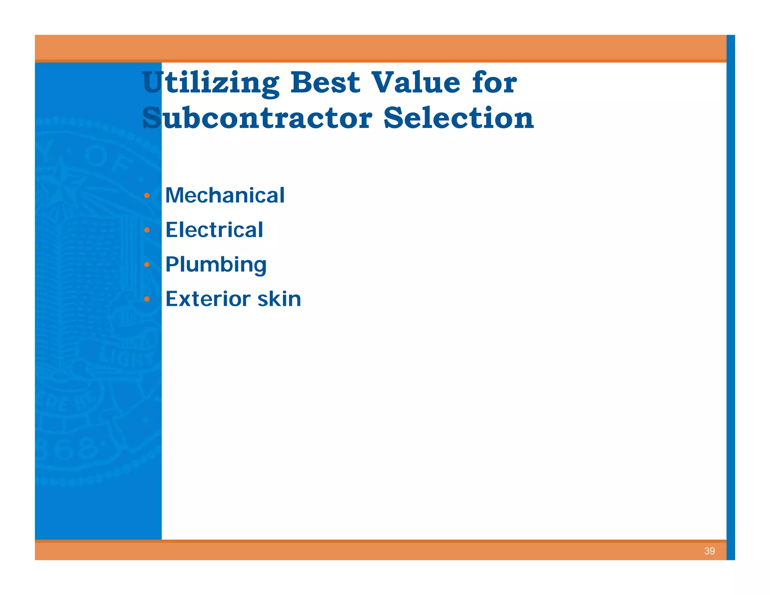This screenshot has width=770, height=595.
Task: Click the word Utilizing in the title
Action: (x=211, y=83)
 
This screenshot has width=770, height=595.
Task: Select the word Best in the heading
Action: (x=325, y=82)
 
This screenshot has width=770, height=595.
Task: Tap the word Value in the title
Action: (x=415, y=82)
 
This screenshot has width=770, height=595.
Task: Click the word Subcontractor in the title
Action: (x=257, y=118)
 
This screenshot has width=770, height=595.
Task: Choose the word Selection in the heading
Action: (x=458, y=118)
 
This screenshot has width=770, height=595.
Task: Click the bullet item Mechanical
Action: (x=225, y=195)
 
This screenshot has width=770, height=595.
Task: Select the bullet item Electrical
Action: (x=214, y=230)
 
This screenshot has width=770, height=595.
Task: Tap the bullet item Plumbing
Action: (x=216, y=264)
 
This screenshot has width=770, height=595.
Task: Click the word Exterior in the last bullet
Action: (x=208, y=299)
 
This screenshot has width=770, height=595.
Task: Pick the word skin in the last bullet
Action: (x=279, y=299)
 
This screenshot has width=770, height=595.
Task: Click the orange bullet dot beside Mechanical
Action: (x=147, y=196)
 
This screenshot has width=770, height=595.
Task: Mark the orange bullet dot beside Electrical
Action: (x=147, y=230)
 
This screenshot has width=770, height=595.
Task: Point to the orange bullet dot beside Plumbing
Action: (x=147, y=265)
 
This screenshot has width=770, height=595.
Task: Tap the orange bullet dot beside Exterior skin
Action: (x=147, y=299)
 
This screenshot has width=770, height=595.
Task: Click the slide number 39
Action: (x=709, y=551)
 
